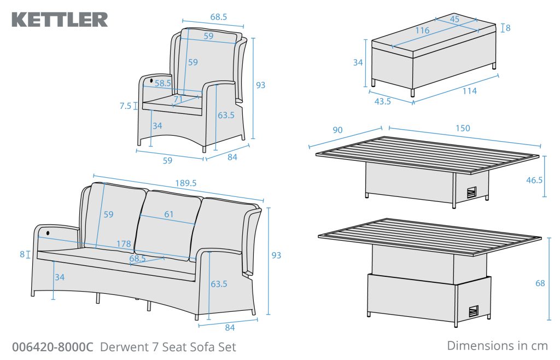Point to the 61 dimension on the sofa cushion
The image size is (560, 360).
point(168,214)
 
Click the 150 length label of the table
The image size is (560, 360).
point(462,129)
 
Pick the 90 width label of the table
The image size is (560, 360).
point(337,130)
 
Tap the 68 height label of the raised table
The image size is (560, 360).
point(540,283)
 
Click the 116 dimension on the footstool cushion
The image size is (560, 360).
point(422,31)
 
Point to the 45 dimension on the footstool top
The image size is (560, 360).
point(454,19)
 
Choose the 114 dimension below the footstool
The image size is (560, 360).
point(469,91)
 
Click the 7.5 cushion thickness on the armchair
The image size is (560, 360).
point(126,106)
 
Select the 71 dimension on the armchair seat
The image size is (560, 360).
point(178,99)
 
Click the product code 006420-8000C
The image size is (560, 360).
point(52,347)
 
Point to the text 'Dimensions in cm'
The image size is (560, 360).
point(497,345)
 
